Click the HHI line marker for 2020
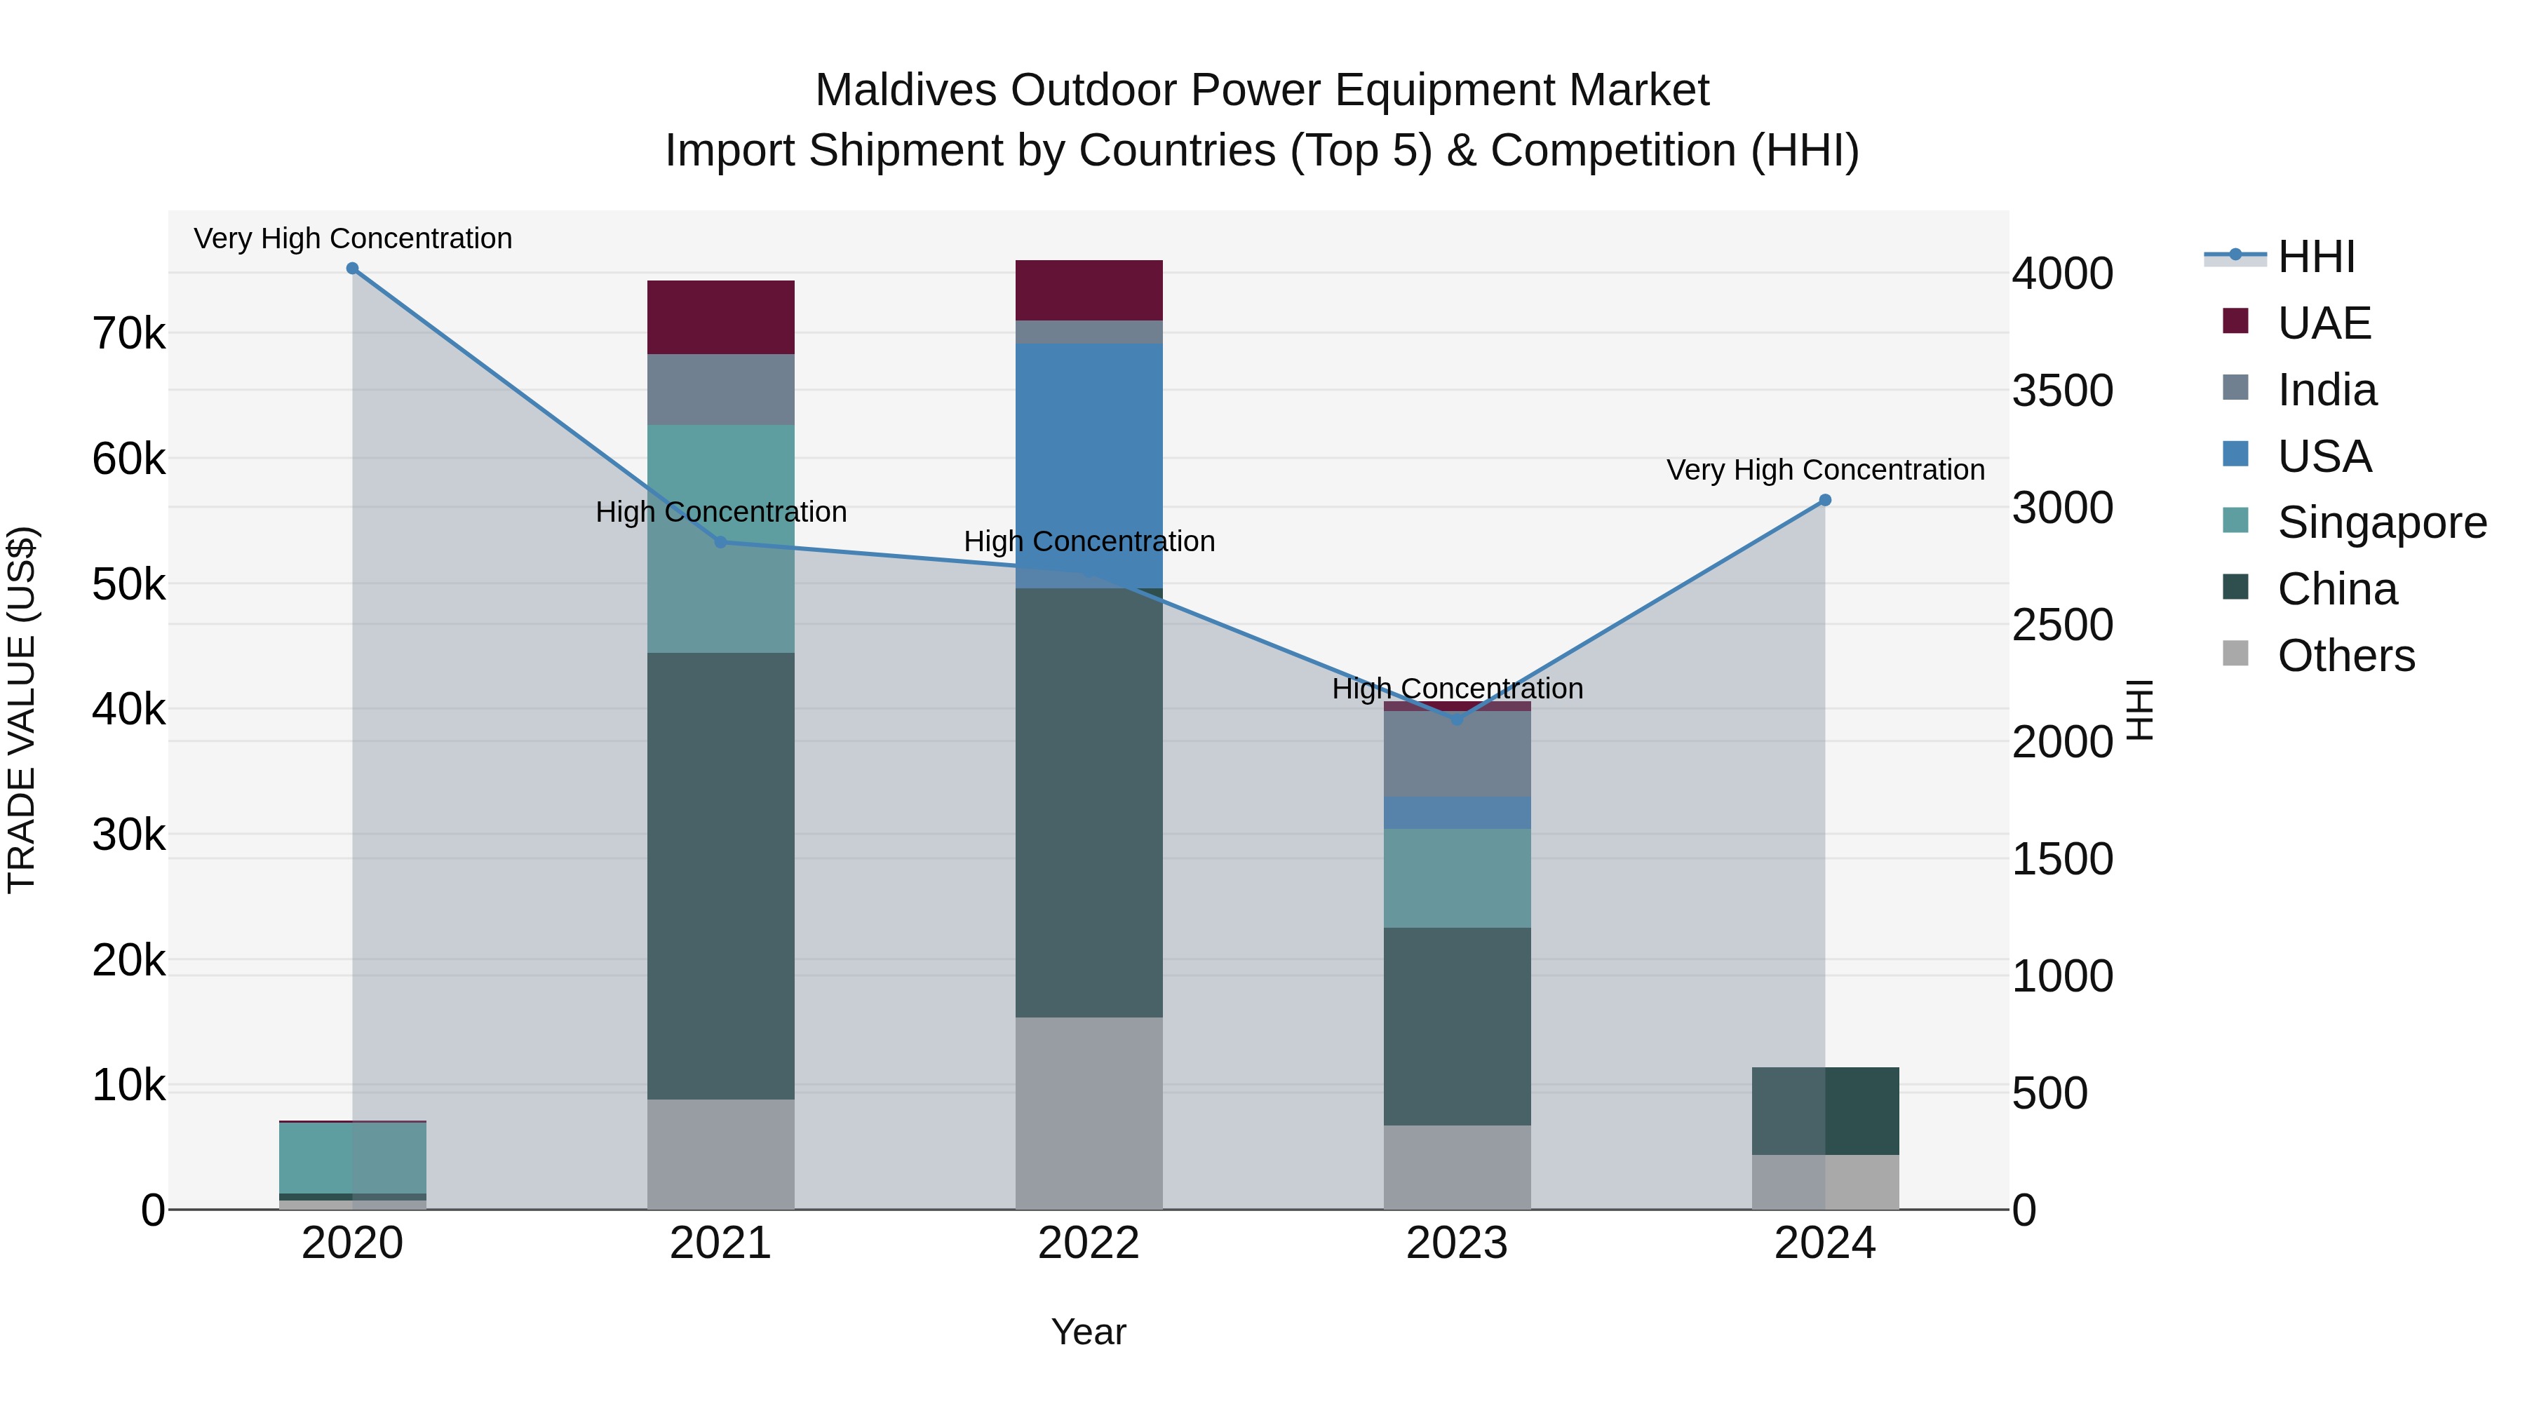click(352, 269)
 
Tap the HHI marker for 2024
click(1824, 501)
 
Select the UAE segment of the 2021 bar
click(720, 318)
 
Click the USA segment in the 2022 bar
click(1088, 466)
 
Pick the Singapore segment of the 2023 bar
click(1457, 878)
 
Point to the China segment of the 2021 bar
click(720, 875)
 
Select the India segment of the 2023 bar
click(1457, 754)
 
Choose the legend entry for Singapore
click(2382, 522)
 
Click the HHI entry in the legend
click(2315, 257)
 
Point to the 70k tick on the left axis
click(128, 334)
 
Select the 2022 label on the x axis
click(1088, 1243)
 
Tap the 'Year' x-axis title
click(1088, 1332)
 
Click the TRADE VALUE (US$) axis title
click(22, 710)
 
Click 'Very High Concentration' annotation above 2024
click(1824, 471)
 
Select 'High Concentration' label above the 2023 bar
click(1457, 689)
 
